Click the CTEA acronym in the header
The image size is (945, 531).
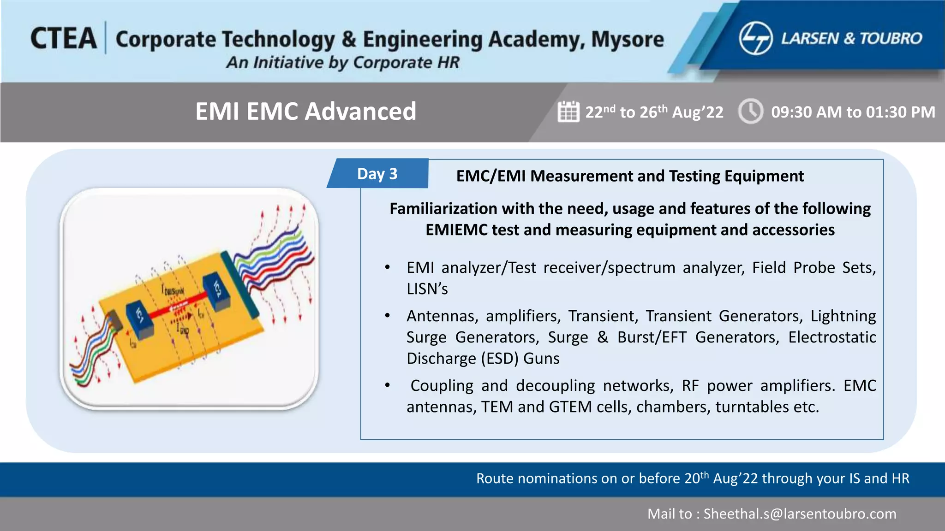point(64,38)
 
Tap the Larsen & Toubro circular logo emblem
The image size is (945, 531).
point(755,38)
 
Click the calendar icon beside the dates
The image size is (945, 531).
point(568,112)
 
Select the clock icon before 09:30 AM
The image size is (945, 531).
point(751,111)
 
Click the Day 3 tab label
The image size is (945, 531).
point(377,174)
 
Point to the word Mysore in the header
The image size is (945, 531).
point(628,39)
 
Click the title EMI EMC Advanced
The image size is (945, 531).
point(305,111)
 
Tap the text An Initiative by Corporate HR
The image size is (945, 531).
point(343,62)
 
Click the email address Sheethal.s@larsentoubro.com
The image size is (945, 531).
point(800,513)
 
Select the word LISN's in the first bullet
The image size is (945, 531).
point(427,289)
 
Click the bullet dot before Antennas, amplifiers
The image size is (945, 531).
point(388,316)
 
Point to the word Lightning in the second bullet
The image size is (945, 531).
point(843,316)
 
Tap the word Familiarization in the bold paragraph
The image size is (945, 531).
point(443,209)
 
